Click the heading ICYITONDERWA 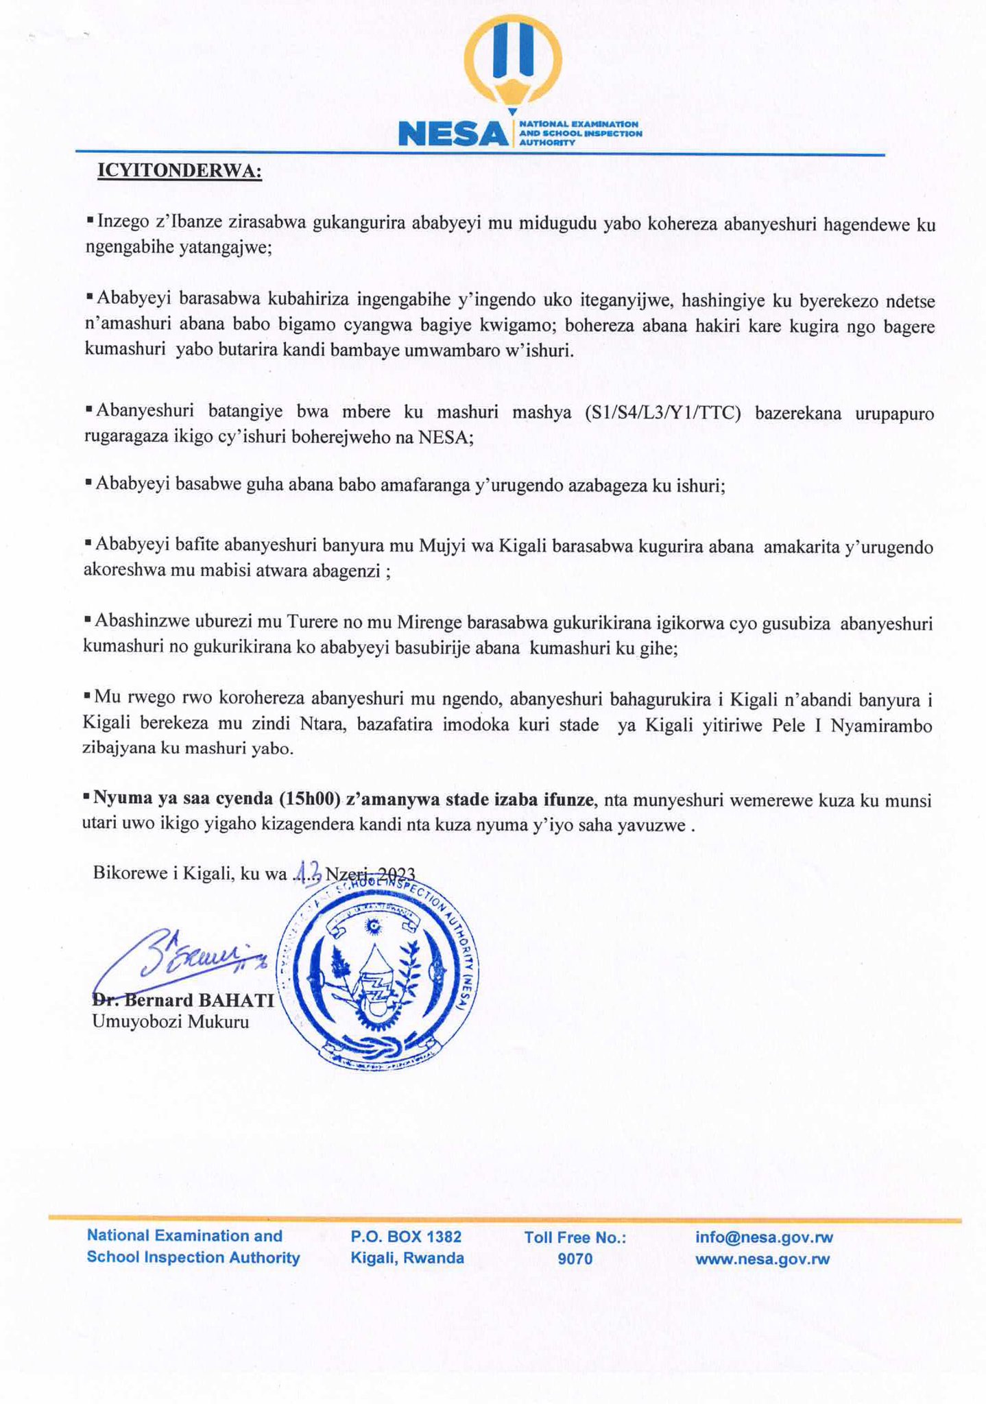click(180, 170)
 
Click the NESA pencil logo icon click(512, 62)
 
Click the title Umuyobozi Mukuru click(171, 1022)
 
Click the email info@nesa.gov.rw click(764, 1237)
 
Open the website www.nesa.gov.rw click(762, 1259)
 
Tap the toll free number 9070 click(575, 1259)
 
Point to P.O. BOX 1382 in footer click(406, 1237)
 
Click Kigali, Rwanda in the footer click(407, 1259)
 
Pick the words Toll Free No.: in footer click(575, 1237)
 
